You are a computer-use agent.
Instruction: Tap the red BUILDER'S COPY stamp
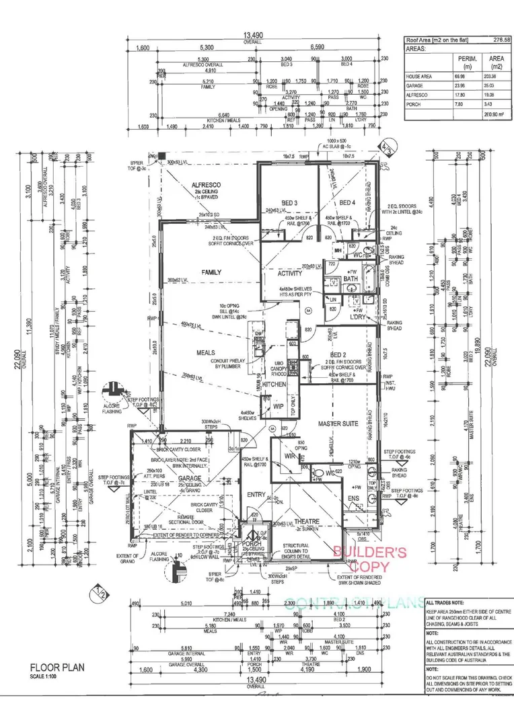point(371,559)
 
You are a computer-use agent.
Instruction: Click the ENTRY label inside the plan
point(256,495)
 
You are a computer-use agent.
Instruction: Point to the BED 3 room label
point(289,202)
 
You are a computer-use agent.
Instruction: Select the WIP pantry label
point(278,407)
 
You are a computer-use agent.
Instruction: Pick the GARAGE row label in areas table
point(415,86)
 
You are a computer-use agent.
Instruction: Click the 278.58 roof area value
point(501,41)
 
